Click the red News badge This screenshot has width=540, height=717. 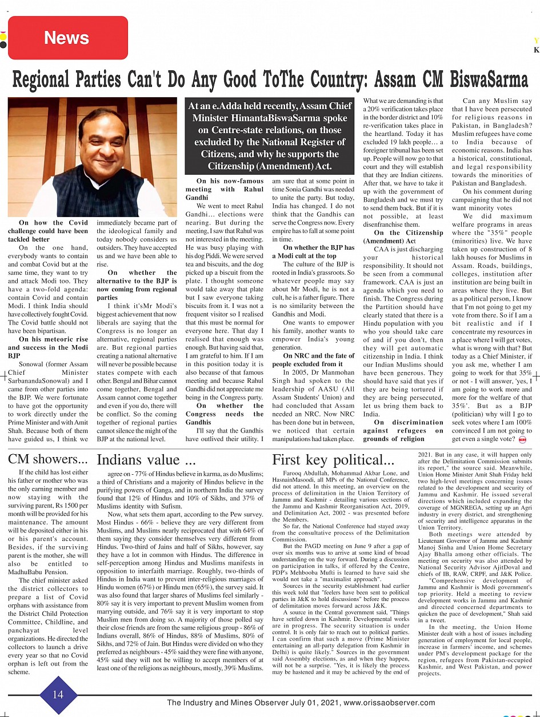click(x=66, y=38)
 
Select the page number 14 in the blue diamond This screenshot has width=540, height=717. click(x=58, y=694)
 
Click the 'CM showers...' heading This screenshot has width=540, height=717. click(x=48, y=459)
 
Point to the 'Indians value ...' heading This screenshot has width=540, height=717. click(x=147, y=460)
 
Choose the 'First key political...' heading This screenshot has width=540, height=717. click(x=333, y=460)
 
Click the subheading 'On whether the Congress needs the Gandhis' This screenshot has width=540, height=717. click(x=225, y=414)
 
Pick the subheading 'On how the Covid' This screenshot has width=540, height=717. click(x=53, y=223)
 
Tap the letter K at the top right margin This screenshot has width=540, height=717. click(x=536, y=50)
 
